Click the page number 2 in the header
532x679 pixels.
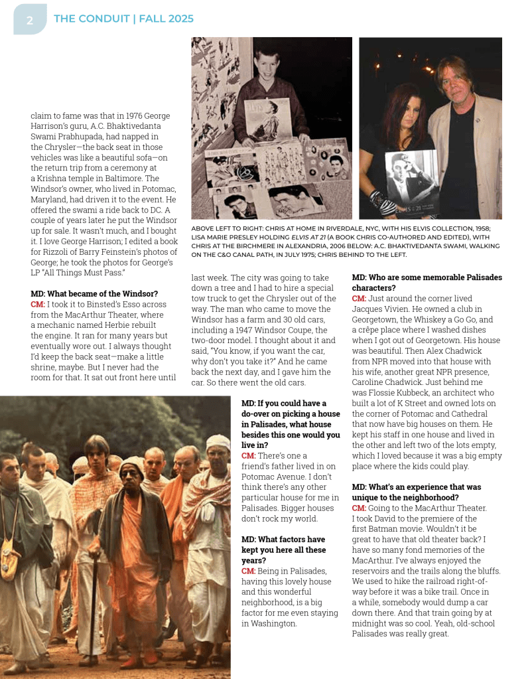point(30,21)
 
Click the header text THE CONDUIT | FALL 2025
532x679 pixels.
point(123,19)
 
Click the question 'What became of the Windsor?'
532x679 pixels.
point(94,293)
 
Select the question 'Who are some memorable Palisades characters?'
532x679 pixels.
point(427,283)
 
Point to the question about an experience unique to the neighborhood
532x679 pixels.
point(416,492)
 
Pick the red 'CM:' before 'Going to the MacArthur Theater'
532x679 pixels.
point(359,508)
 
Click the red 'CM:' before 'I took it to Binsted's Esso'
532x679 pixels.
point(38,304)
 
